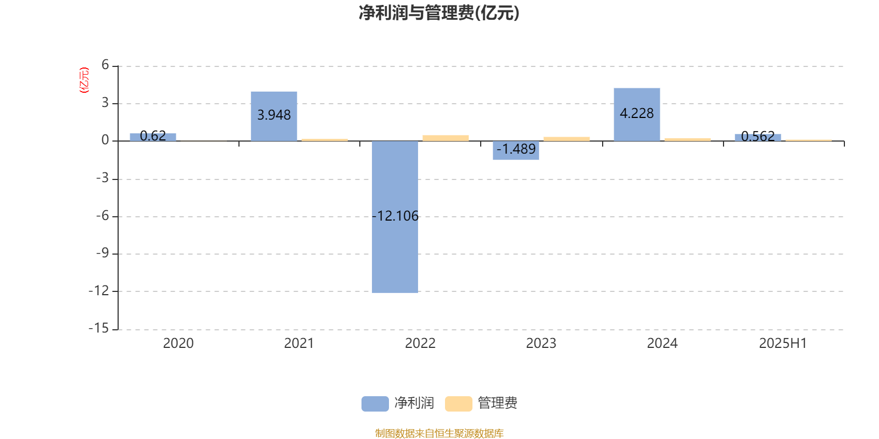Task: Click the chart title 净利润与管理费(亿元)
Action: (439, 13)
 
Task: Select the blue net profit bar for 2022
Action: (395, 217)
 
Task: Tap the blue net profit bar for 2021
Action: (274, 116)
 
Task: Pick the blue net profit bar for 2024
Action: (637, 115)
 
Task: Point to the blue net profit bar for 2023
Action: (516, 150)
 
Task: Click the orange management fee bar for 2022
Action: (446, 138)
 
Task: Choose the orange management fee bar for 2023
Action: (566, 139)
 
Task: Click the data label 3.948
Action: (274, 115)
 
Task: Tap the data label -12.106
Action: (395, 216)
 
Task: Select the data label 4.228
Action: (637, 113)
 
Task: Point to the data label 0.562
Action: (758, 137)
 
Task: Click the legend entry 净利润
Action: (398, 403)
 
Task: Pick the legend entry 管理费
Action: (481, 403)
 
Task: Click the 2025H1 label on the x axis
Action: (783, 344)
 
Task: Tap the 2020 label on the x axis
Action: (178, 344)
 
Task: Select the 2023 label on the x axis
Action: (541, 344)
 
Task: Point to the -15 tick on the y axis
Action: (98, 329)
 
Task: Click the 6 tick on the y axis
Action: (105, 65)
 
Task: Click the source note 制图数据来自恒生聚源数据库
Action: (439, 433)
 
